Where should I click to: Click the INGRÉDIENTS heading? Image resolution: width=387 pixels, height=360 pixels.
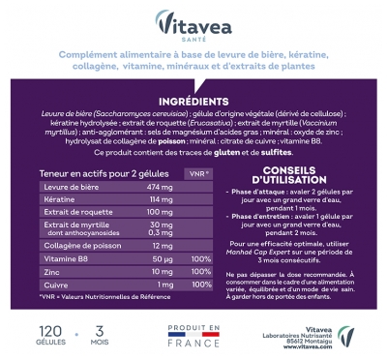pos(193,101)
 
